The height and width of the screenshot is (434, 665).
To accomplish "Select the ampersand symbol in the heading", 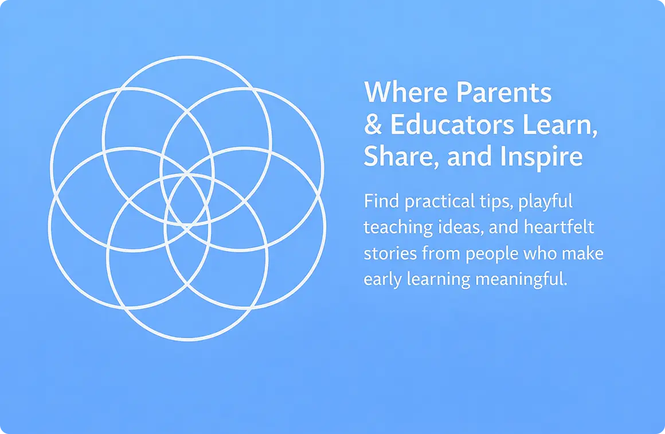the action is [373, 125].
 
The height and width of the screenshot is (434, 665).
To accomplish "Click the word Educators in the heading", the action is [452, 125].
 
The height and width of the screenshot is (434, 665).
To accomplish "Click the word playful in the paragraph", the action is [546, 202].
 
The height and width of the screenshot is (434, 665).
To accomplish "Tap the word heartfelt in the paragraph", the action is [559, 227].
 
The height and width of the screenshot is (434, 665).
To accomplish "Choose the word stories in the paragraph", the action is [389, 254].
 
